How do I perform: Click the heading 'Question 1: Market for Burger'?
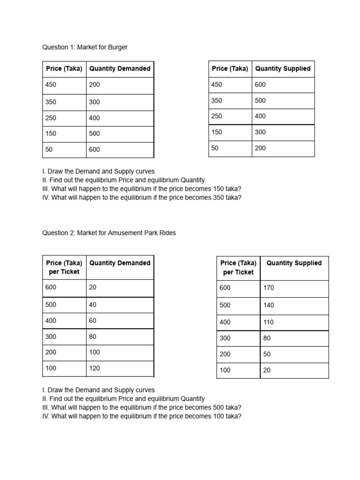85,47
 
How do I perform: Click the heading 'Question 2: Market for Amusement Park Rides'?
109,232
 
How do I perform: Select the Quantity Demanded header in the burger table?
120,69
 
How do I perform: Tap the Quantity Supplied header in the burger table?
283,69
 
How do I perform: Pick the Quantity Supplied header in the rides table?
294,263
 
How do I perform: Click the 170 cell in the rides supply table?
269,288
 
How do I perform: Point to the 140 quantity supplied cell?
269,305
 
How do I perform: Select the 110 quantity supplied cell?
269,322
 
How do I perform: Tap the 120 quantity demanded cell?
95,368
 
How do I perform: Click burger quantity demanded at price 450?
94,85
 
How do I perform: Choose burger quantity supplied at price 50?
260,148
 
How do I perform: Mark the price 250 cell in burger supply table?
217,116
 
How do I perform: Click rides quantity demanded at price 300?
93,337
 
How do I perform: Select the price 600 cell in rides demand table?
51,287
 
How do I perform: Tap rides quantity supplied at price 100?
267,370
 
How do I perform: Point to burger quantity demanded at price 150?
94,134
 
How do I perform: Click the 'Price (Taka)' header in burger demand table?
64,69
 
